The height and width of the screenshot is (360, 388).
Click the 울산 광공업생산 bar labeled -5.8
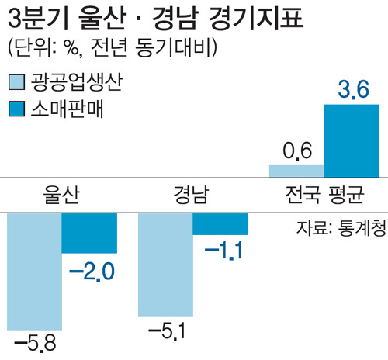pos(33,268)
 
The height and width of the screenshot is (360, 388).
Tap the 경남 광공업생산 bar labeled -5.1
pos(165,263)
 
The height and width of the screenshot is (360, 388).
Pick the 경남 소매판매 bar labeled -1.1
pos(220,223)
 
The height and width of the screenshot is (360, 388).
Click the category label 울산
pos(61,194)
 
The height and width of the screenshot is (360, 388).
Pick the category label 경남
pos(191,194)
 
